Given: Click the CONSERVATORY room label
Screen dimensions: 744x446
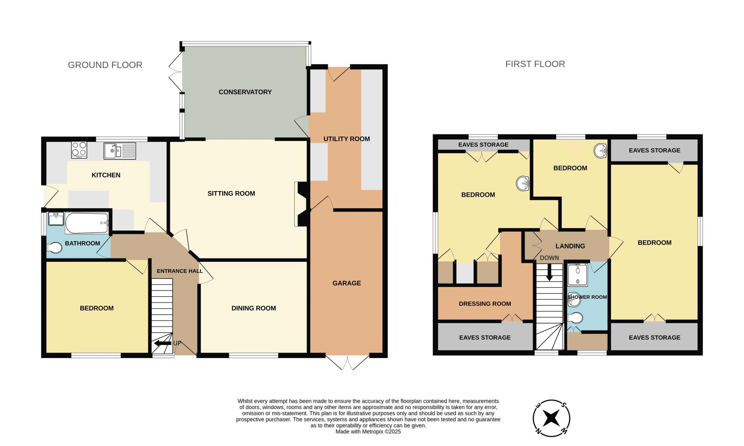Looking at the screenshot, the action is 245,92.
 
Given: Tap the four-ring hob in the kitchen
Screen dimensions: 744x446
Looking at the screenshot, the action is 79,150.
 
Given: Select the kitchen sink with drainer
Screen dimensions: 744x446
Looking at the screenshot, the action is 120,151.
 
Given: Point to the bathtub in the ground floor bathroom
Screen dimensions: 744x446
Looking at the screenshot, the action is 87,223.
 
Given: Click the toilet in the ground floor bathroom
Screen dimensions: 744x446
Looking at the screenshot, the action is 54,248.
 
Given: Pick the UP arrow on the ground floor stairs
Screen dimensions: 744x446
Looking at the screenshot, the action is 163,343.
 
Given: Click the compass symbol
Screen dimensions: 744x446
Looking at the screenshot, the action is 552,418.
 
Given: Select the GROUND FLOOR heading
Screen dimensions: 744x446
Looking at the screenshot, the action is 105,65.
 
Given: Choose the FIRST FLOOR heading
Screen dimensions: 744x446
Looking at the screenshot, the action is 535,64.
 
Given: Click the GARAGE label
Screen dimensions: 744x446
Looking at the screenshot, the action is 347,283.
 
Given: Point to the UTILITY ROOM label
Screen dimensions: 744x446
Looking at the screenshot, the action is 347,139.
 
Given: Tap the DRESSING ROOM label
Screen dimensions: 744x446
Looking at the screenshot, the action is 485,304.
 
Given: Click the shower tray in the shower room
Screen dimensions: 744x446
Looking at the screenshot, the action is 577,275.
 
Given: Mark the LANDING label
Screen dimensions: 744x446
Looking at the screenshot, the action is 570,246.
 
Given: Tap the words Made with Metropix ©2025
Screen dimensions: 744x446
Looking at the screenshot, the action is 368,432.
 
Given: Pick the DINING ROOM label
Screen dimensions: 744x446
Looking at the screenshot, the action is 253,308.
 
